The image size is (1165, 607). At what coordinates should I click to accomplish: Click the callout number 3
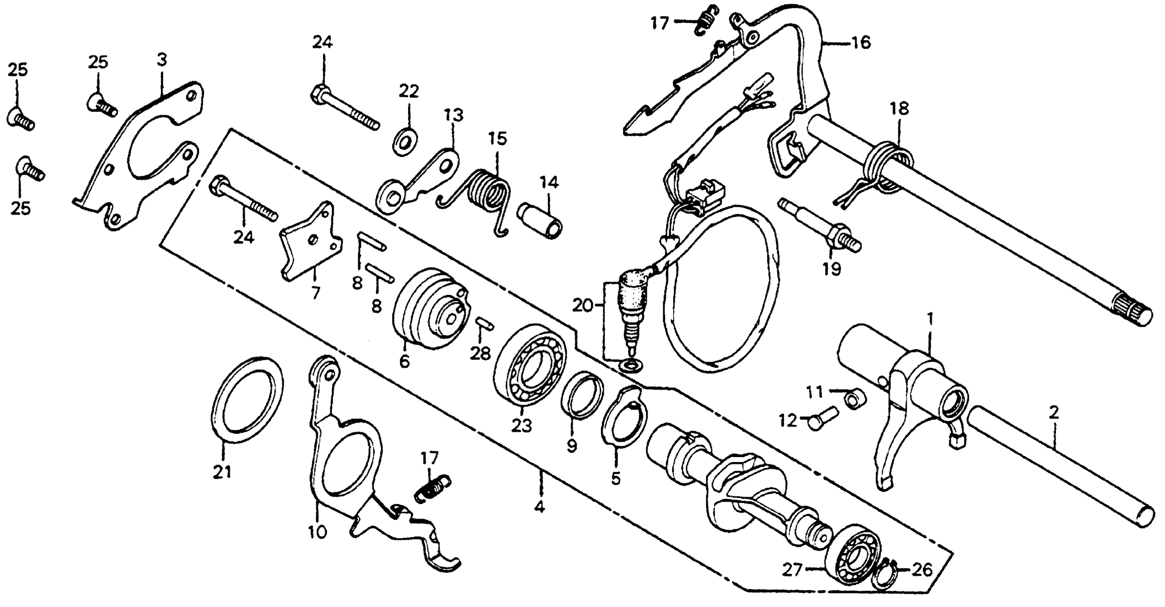pos(161,59)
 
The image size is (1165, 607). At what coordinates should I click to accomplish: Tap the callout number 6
pos(404,361)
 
